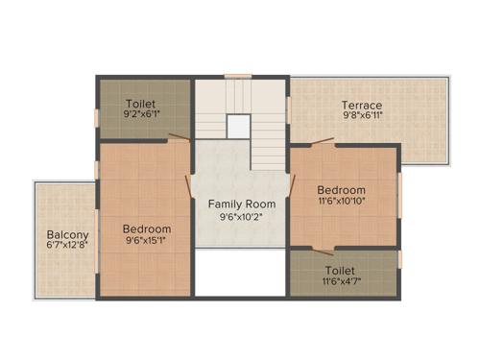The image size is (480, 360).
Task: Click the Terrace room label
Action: click(362, 105)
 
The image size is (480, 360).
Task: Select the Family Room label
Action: click(242, 204)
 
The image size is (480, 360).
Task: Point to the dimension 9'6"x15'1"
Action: click(147, 242)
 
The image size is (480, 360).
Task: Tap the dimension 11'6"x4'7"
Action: click(344, 283)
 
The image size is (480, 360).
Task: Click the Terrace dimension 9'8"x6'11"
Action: click(362, 116)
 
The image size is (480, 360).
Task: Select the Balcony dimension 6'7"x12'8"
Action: click(67, 247)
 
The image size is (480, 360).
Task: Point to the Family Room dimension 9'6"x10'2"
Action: click(242, 217)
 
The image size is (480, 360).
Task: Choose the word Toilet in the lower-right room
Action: click(344, 271)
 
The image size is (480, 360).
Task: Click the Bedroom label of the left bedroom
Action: click(147, 229)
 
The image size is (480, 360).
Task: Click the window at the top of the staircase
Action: click(238, 76)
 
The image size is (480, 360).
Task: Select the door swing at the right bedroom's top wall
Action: click(322, 144)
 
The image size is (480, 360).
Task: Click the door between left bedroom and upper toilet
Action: click(178, 140)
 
